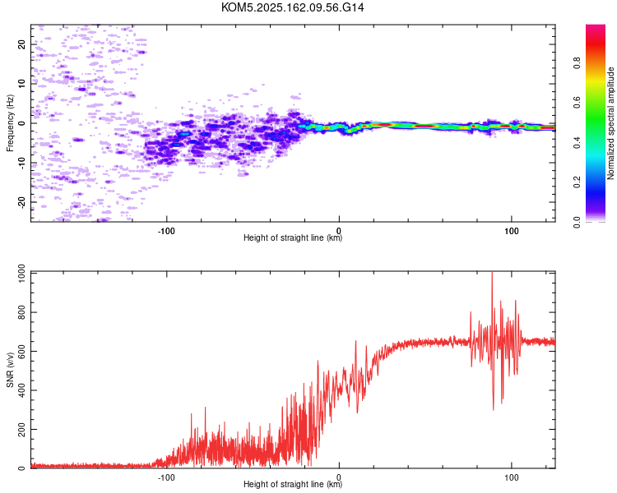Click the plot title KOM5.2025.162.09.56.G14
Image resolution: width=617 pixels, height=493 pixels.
pyautogui.click(x=292, y=7)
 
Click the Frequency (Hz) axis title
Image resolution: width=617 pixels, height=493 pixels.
pyautogui.click(x=10, y=123)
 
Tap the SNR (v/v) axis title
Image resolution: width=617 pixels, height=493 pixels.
pyautogui.click(x=10, y=370)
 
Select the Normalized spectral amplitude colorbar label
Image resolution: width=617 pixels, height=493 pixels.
pyautogui.click(x=610, y=123)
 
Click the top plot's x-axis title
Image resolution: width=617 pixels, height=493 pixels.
pyautogui.click(x=293, y=237)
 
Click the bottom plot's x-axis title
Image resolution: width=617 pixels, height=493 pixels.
pyautogui.click(x=293, y=484)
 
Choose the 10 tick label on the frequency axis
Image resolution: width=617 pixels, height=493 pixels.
pyautogui.click(x=21, y=84)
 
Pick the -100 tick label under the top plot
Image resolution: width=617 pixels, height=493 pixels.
pyautogui.click(x=166, y=231)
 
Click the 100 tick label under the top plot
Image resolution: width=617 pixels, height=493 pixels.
pyautogui.click(x=511, y=231)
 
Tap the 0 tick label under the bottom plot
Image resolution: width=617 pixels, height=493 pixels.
pyautogui.click(x=339, y=477)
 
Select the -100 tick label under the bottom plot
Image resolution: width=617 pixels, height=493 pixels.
pyautogui.click(x=166, y=477)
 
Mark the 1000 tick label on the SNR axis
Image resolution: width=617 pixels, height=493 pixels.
pyautogui.click(x=21, y=274)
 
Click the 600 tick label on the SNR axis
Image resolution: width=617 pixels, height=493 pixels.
pyautogui.click(x=21, y=351)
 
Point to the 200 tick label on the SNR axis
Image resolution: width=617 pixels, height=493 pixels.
pyautogui.click(x=21, y=429)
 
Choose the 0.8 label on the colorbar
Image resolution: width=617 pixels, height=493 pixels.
pyautogui.click(x=577, y=63)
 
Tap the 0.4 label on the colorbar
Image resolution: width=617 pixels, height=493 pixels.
pyautogui.click(x=577, y=142)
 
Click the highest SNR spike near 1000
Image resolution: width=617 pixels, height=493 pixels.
pyautogui.click(x=492, y=273)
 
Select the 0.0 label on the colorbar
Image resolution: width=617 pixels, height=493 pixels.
pyautogui.click(x=577, y=222)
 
